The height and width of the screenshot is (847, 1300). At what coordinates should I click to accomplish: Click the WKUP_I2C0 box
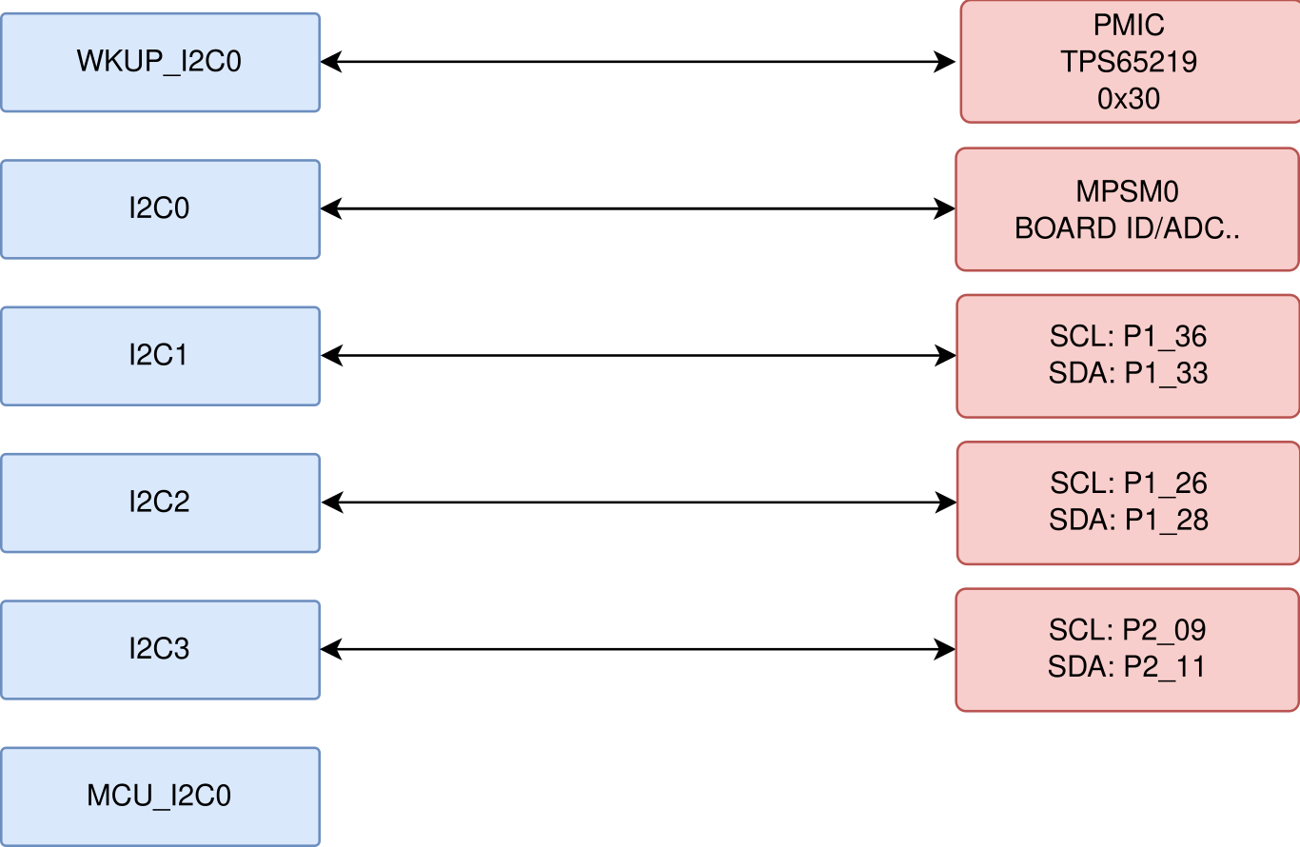coord(160,63)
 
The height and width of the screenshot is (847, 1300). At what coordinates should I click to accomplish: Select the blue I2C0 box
coord(160,209)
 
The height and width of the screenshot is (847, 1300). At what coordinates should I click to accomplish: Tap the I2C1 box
coord(160,356)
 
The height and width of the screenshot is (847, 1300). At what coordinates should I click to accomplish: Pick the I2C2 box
coord(160,502)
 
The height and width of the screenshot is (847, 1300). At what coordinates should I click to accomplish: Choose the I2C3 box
coord(160,650)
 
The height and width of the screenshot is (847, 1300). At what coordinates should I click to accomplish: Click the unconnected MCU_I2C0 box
coord(160,797)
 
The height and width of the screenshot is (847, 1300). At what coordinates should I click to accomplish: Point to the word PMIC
coord(1129,26)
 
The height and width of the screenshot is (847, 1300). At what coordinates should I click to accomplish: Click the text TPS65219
coord(1129,63)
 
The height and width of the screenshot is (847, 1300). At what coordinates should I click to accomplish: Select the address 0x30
coord(1129,99)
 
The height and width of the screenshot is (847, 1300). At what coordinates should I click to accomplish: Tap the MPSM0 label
coord(1128,192)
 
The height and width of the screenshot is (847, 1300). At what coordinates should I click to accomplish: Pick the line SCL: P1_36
coord(1129,337)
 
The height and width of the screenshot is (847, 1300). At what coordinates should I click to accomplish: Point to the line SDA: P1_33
coord(1129,373)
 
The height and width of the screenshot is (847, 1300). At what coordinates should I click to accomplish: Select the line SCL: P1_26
coord(1129,483)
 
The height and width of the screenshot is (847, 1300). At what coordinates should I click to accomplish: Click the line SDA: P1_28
coord(1129,521)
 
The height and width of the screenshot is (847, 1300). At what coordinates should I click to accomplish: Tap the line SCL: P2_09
coord(1128,630)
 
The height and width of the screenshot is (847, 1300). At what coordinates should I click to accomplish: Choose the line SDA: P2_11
coord(1128,667)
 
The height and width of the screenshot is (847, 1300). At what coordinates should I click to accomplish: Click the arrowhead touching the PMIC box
coord(946,63)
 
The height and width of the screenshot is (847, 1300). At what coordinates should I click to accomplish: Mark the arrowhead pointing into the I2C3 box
coord(331,650)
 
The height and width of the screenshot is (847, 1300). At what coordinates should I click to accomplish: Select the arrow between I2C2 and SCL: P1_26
coord(638,502)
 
